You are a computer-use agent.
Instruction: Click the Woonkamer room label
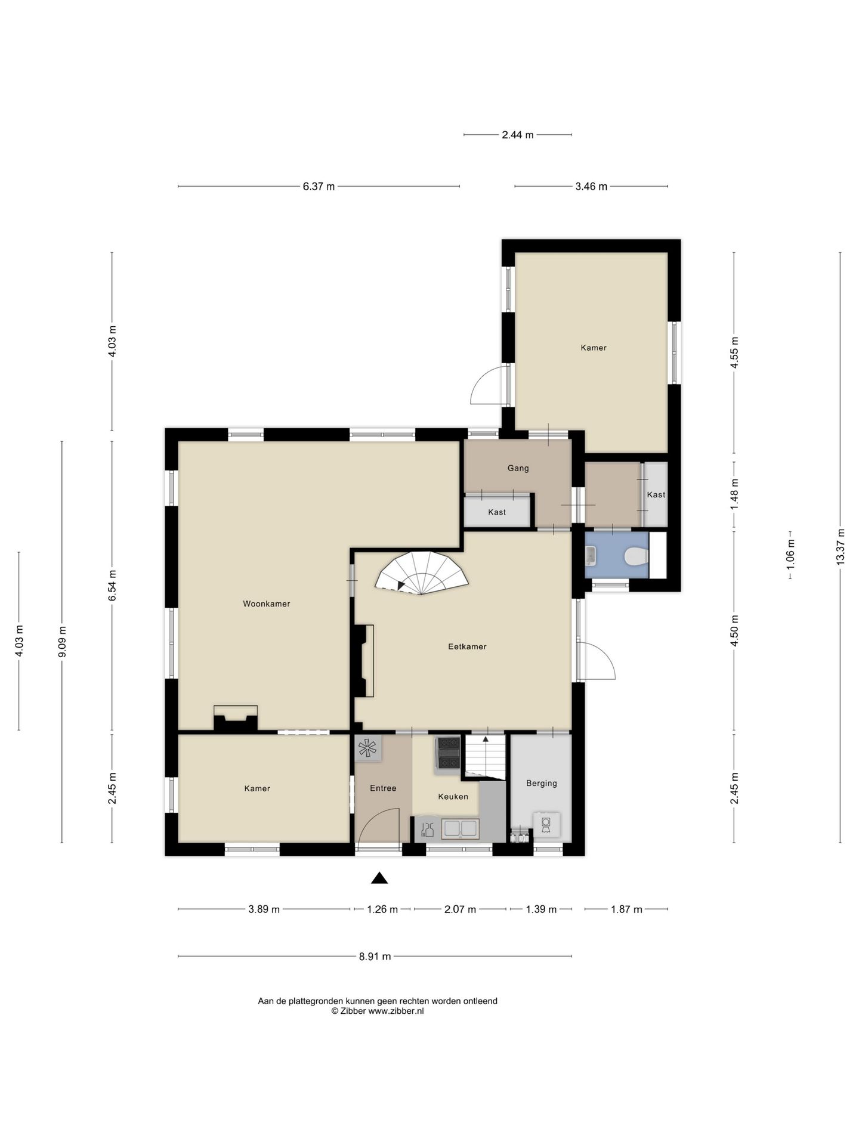point(267,604)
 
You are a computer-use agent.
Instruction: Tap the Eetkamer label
point(467,646)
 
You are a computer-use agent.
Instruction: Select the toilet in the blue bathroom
point(636,557)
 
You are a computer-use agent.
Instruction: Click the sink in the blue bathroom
point(591,556)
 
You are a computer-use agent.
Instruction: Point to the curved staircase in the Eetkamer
point(422,574)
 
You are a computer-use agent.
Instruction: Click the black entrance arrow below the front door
point(379,878)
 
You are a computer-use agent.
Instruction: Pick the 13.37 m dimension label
point(840,547)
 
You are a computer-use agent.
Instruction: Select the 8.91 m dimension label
point(375,957)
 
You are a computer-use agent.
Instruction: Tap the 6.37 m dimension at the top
point(319,187)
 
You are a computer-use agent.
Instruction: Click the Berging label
point(542,783)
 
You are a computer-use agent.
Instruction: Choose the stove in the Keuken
point(448,753)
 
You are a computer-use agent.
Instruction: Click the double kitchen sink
point(459,828)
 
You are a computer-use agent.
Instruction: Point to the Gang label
point(518,468)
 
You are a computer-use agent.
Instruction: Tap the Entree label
point(383,788)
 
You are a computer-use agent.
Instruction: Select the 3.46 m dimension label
point(591,187)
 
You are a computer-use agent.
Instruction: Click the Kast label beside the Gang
point(497,512)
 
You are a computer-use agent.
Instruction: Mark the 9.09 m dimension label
point(62,642)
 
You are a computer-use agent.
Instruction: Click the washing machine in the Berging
point(546,824)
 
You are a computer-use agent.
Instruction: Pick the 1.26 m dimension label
point(382,909)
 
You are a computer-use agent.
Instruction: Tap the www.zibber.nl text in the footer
point(396,1011)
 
